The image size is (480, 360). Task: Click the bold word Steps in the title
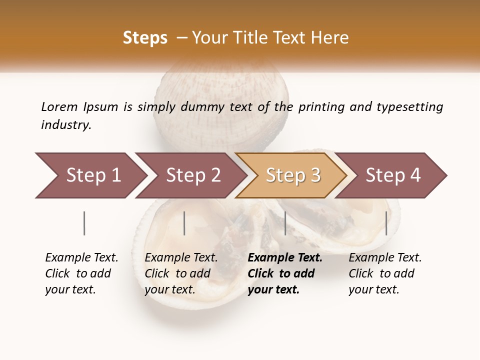[145, 38]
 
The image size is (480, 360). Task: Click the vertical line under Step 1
[84, 223]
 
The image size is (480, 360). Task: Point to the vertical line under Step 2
[184, 223]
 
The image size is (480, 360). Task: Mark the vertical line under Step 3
[285, 223]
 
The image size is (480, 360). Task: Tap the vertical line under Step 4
[386, 223]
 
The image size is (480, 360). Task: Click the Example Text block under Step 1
[81, 273]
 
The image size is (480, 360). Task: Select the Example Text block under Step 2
[181, 273]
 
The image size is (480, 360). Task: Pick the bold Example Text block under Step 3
[284, 273]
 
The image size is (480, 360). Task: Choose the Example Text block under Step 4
[385, 273]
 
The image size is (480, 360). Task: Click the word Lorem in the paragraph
[59, 107]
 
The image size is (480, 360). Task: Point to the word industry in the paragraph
[66, 125]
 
